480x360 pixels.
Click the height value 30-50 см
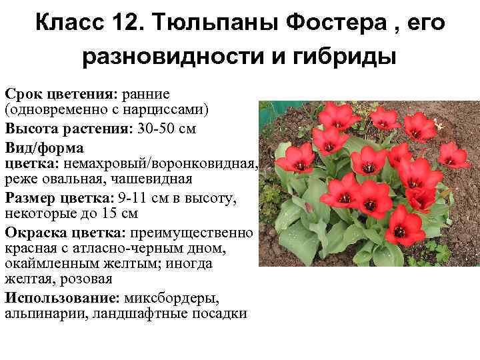[x=167, y=128]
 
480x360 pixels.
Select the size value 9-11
[x=133, y=198]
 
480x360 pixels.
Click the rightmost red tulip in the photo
[x=453, y=155]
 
